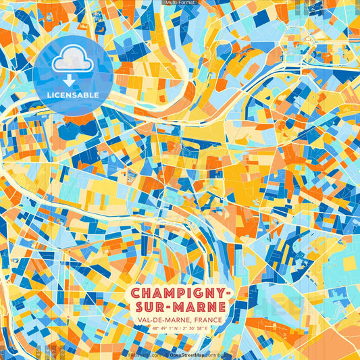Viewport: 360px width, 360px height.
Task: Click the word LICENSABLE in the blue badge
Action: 72,95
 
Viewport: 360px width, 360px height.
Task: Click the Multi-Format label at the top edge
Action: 180,3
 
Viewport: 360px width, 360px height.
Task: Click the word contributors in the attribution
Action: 220,354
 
